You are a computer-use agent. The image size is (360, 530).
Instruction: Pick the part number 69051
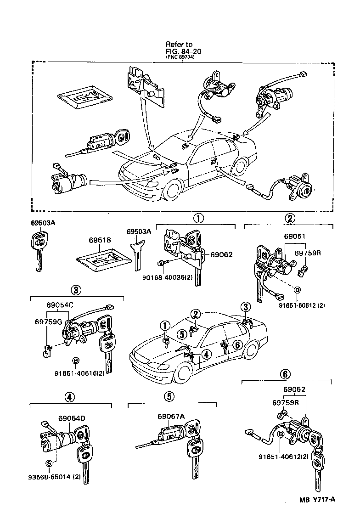(294, 237)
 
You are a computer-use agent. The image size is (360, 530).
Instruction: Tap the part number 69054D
(72, 418)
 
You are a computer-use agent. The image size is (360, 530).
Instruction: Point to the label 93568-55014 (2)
(55, 476)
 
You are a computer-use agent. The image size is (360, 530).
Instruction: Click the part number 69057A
(171, 416)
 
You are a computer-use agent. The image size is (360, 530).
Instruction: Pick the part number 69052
(294, 389)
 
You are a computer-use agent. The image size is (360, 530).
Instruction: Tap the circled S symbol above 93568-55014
(48, 462)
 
